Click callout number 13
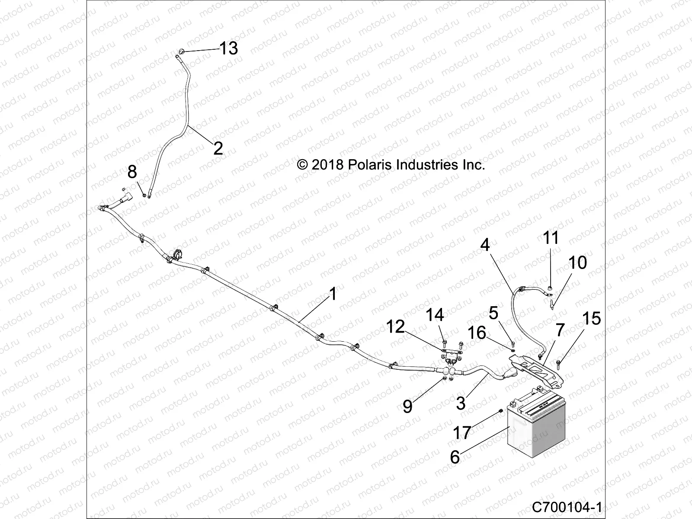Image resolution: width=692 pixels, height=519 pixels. [228, 48]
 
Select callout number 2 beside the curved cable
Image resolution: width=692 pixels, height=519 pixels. [218, 148]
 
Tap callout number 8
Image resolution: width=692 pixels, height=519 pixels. [132, 172]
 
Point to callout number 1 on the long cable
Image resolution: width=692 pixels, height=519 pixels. [333, 294]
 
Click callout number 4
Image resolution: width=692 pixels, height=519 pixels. [485, 245]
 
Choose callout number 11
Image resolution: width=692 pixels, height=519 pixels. [551, 238]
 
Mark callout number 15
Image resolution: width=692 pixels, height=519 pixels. [592, 318]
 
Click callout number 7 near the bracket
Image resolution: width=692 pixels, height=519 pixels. [560, 330]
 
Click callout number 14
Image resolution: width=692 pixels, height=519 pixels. [435, 315]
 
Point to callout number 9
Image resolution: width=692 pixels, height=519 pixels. [408, 406]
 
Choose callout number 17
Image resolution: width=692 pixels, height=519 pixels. [461, 432]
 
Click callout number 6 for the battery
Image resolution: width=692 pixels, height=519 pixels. [455, 457]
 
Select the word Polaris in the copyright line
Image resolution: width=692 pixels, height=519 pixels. [370, 165]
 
